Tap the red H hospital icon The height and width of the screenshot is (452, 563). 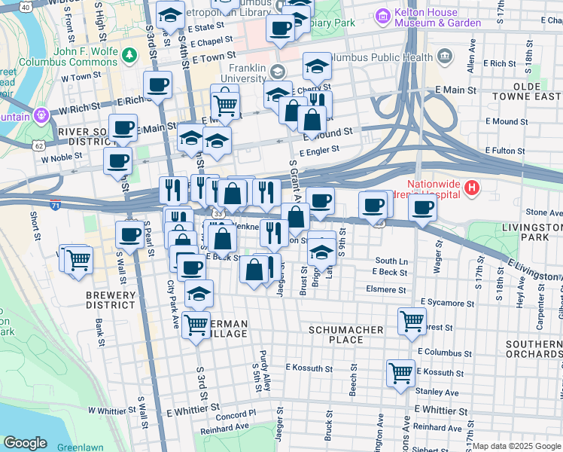(472, 188)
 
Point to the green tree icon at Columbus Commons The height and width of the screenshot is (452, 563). (131, 55)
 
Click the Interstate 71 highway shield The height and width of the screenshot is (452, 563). (56, 204)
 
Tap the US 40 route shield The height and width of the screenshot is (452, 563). (26, 7)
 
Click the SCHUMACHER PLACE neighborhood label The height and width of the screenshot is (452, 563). (346, 334)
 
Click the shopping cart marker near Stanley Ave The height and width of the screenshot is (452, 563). (400, 371)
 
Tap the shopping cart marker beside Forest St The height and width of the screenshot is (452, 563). (412, 320)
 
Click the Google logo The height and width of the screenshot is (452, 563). (25, 443)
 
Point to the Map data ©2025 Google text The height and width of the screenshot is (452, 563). (516, 446)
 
